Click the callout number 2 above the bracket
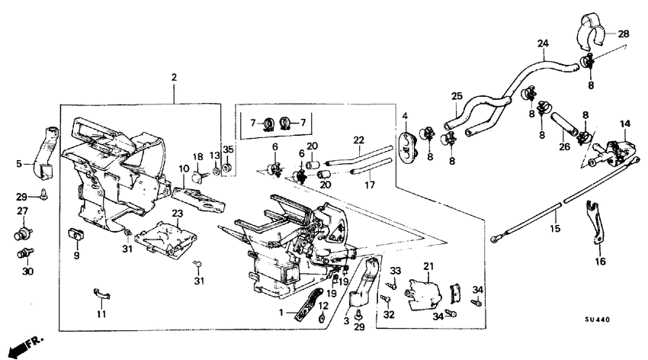(x=174, y=78)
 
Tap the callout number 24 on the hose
(x=543, y=43)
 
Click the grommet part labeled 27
(x=23, y=232)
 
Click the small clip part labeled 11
(x=103, y=293)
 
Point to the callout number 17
(x=370, y=184)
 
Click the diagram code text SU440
(x=601, y=321)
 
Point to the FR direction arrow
(x=23, y=346)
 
